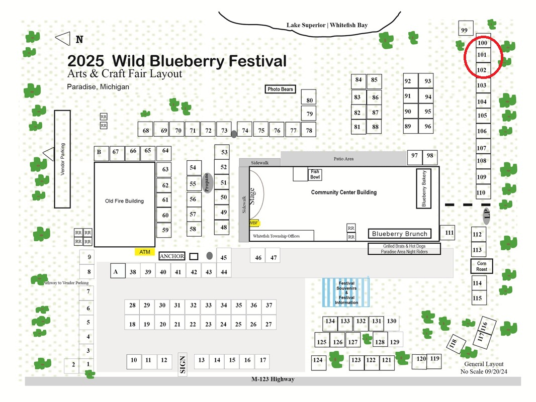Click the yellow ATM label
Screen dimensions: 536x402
(145, 252)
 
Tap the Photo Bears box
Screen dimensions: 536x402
(280, 89)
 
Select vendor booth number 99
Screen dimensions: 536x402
(466, 28)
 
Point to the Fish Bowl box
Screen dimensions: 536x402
(315, 174)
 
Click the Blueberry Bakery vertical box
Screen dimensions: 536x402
(423, 188)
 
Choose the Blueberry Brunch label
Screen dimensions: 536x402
(400, 234)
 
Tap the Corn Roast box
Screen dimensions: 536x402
(482, 266)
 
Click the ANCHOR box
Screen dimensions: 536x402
(172, 256)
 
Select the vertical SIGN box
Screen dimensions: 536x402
(183, 364)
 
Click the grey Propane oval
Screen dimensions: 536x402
(207, 183)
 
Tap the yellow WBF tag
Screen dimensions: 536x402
(254, 223)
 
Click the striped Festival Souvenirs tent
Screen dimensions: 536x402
(346, 292)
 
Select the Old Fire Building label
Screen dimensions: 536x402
(124, 201)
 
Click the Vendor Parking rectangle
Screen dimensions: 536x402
(62, 159)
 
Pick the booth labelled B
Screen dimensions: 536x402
(102, 154)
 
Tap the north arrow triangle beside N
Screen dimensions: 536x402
(63, 39)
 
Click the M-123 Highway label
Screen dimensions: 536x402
(273, 379)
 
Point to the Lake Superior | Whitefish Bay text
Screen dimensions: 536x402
(327, 25)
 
